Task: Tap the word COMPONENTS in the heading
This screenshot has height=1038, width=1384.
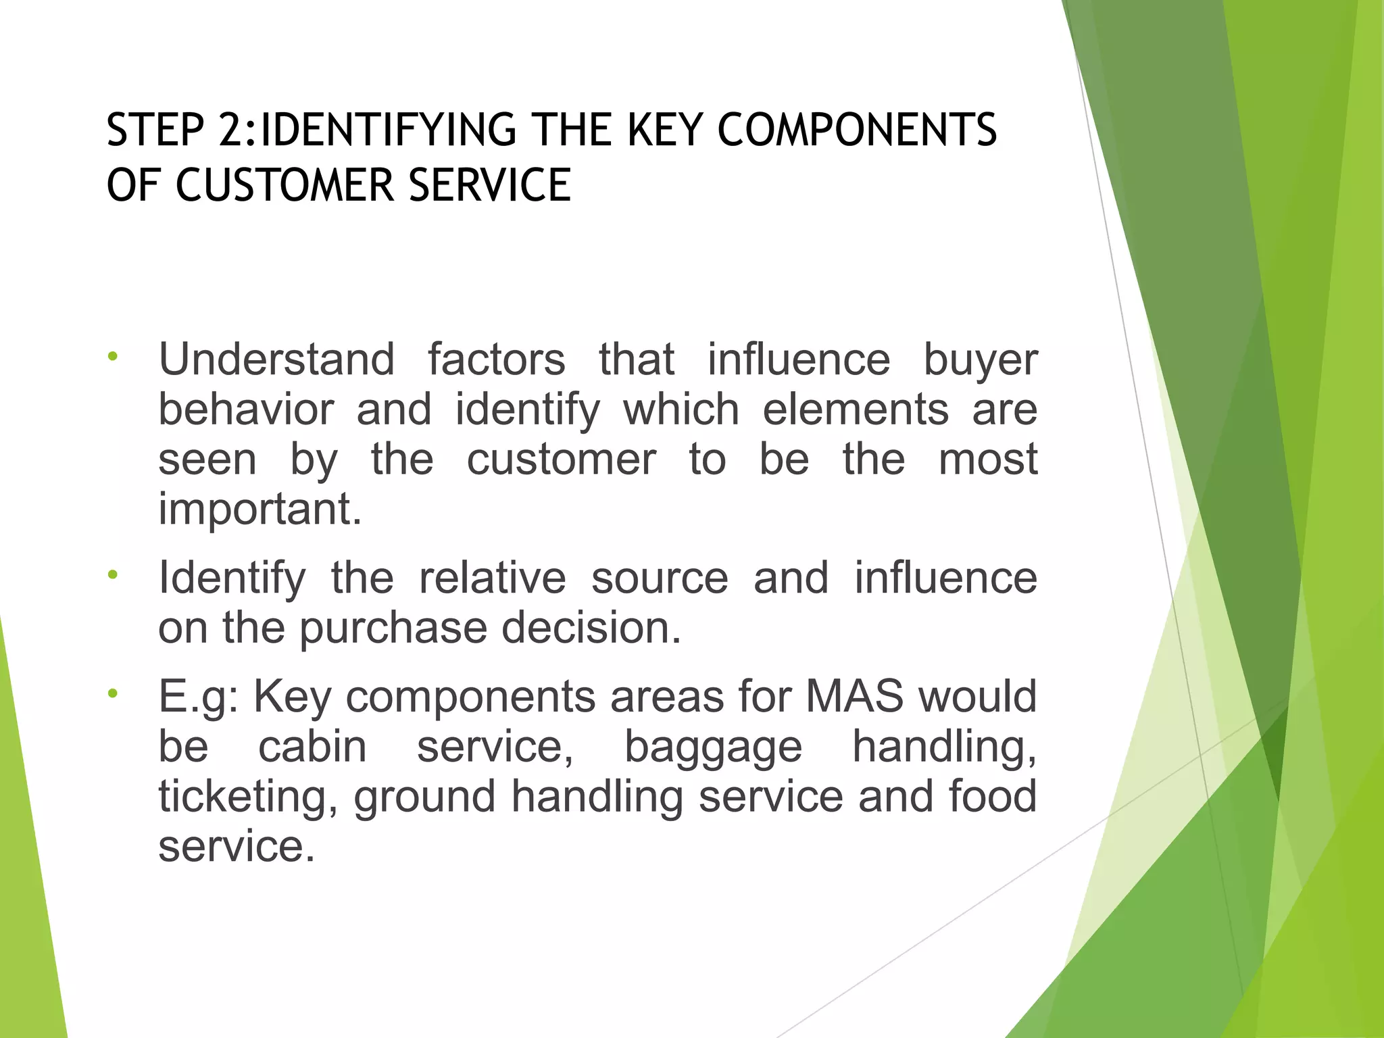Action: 856,130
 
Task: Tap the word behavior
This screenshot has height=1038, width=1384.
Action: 246,410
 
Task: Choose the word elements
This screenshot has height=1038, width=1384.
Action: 856,410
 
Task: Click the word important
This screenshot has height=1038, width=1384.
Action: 260,510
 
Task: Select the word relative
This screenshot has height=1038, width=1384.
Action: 492,578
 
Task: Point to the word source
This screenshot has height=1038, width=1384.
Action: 660,578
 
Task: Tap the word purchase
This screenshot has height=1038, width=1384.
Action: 393,628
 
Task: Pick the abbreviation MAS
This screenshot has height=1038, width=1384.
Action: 854,696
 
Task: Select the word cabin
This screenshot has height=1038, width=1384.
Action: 312,746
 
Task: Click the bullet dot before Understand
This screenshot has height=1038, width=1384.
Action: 113,356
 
